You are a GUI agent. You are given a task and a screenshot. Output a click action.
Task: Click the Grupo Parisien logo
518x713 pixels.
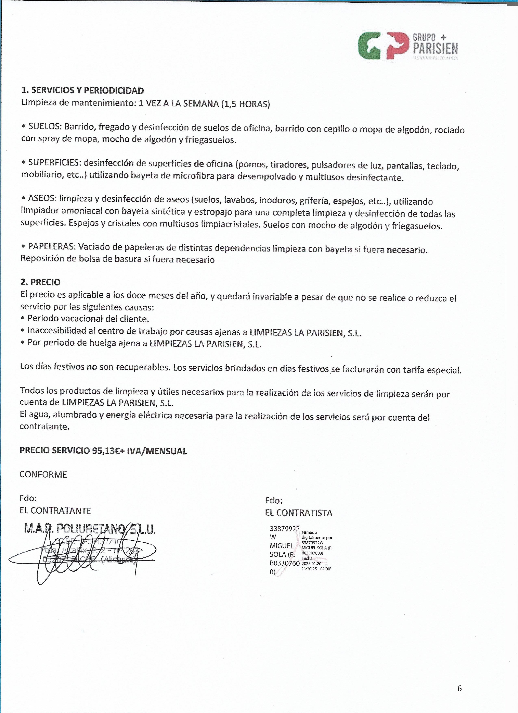(x=407, y=46)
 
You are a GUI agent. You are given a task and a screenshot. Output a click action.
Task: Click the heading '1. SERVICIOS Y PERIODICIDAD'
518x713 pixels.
(x=83, y=90)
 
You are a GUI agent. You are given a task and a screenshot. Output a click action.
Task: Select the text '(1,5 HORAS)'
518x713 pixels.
(x=245, y=104)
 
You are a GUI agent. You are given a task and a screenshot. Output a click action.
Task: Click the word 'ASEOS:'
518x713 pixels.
(x=43, y=198)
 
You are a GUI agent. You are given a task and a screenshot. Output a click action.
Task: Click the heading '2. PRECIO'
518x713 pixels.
(x=40, y=282)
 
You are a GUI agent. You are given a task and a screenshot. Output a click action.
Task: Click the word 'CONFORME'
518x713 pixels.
(x=43, y=474)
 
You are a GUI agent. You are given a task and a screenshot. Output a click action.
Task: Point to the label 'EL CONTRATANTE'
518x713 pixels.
(x=55, y=510)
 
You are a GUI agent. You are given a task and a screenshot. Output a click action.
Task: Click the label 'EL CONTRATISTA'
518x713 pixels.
(x=298, y=513)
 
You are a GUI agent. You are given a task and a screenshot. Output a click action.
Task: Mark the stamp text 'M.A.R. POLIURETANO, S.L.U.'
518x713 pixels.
(x=90, y=530)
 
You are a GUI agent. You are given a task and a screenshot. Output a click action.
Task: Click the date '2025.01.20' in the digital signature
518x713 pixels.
(x=311, y=563)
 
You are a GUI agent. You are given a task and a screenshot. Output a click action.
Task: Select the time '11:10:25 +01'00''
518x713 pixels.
(x=316, y=569)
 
